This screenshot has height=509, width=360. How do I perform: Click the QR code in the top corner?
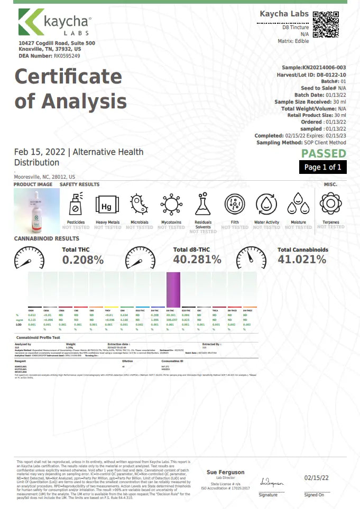pyautogui.click(x=326, y=24)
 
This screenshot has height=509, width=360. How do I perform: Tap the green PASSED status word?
pyautogui.click(x=324, y=154)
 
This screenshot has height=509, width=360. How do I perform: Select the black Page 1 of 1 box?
pyautogui.click(x=322, y=168)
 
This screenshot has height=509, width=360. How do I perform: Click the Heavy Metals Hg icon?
pyautogui.click(x=106, y=204)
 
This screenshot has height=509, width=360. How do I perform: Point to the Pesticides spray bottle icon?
pyautogui.click(x=75, y=204)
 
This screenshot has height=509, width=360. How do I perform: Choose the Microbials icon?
pyautogui.click(x=140, y=204)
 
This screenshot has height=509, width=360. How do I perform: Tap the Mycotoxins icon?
pyautogui.click(x=171, y=204)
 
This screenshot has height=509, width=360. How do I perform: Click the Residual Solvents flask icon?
pyautogui.click(x=203, y=204)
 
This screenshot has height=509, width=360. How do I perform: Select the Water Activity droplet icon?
pyautogui.click(x=266, y=204)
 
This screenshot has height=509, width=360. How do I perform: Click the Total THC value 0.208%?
pyautogui.click(x=83, y=260)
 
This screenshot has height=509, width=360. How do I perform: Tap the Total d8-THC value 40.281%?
pyautogui.click(x=197, y=260)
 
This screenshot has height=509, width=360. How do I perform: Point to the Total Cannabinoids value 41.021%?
pyautogui.click(x=302, y=260)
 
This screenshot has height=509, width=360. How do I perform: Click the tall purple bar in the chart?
pyautogui.click(x=173, y=289)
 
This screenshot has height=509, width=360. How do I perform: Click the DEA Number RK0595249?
pyautogui.click(x=67, y=55)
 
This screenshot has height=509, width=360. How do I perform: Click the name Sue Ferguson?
pyautogui.click(x=225, y=472)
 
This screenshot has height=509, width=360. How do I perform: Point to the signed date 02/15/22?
pyautogui.click(x=317, y=477)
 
